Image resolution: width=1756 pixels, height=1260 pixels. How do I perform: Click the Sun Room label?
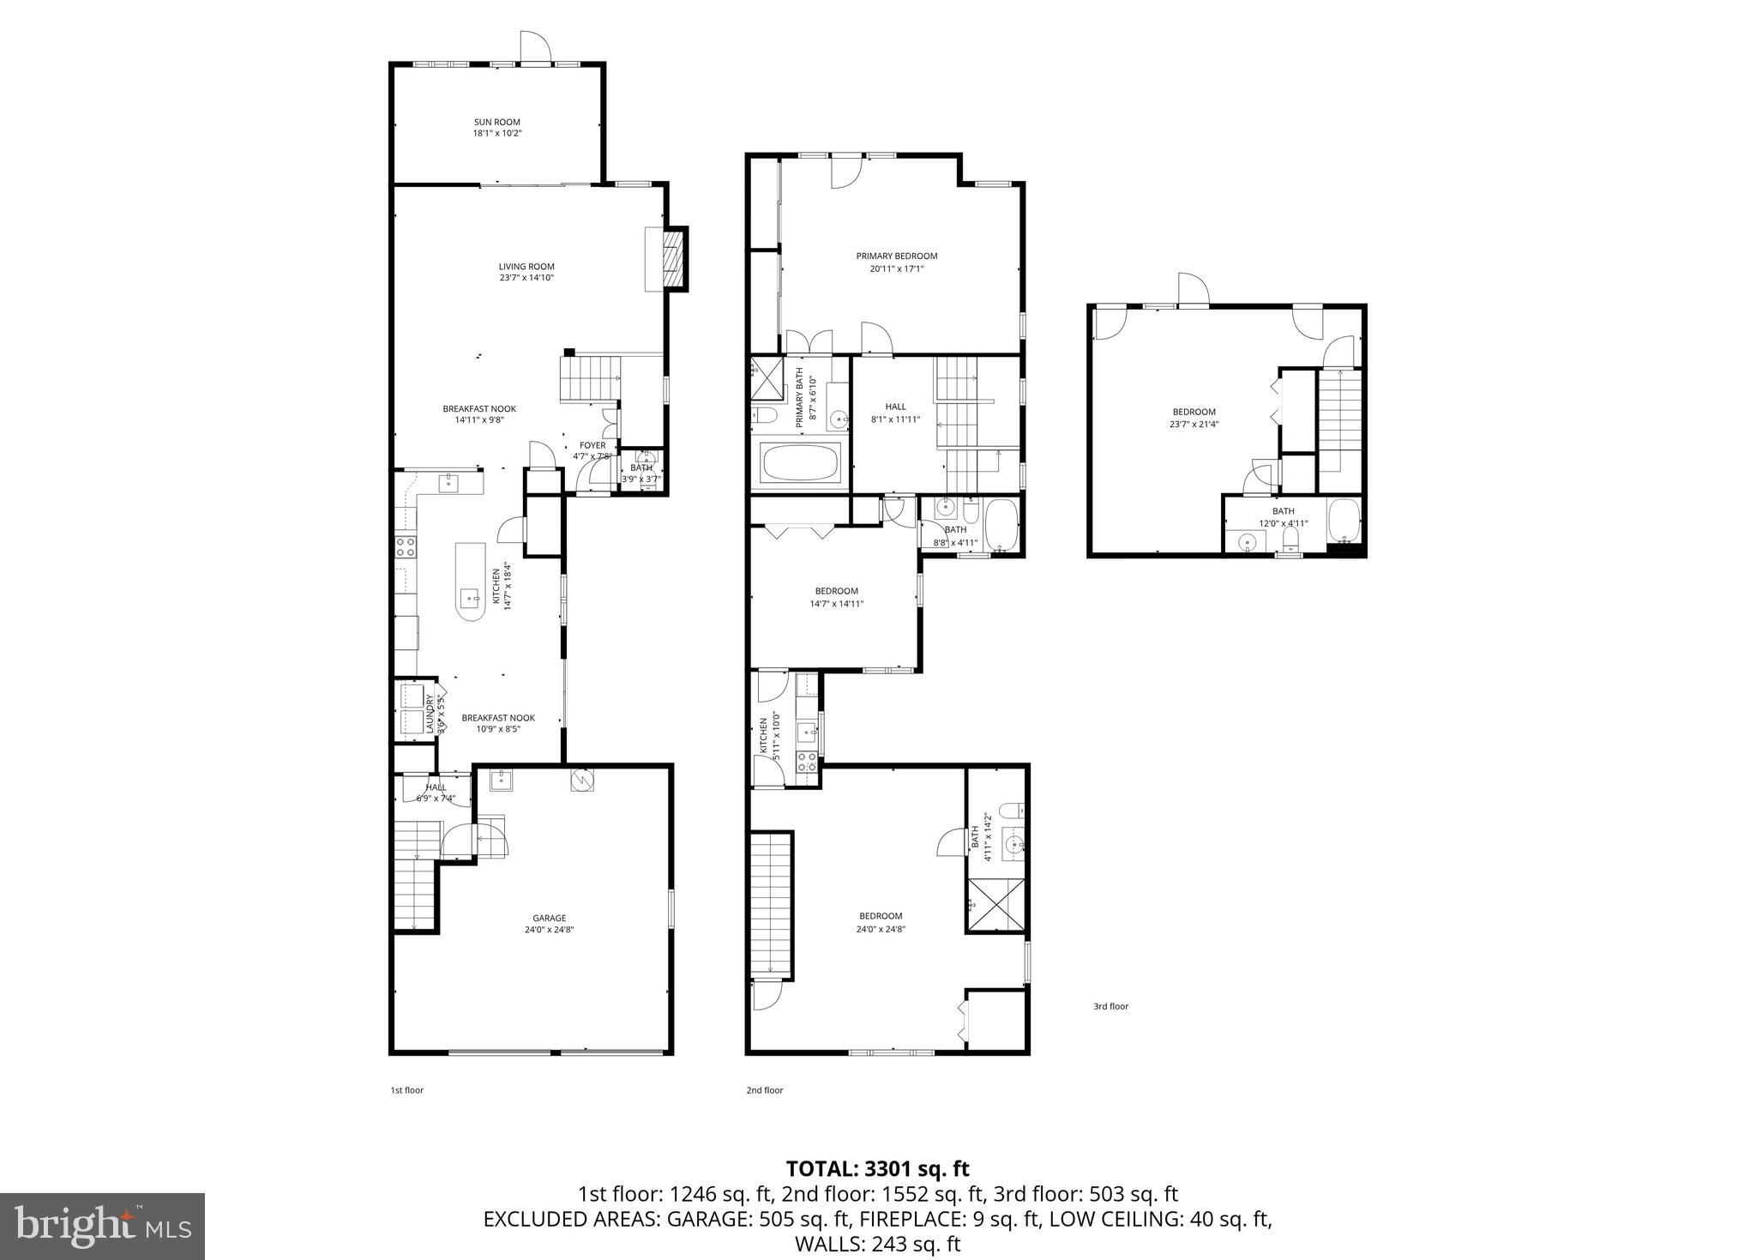497,122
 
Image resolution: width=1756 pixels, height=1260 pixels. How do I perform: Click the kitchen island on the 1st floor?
470,582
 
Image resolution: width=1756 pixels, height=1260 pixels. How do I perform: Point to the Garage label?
549,918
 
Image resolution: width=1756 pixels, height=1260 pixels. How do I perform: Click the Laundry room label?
430,714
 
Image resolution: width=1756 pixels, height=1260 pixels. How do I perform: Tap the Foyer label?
592,445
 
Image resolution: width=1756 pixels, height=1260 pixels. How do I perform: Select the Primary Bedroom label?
896,256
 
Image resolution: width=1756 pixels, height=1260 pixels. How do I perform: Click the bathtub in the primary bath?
801,464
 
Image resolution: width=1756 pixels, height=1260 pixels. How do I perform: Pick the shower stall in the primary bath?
767,379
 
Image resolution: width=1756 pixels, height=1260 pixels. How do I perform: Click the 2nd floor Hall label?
895,407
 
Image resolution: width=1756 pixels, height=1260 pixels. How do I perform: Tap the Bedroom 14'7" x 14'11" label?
836,591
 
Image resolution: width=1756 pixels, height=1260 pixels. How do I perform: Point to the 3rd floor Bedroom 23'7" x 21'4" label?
1193,412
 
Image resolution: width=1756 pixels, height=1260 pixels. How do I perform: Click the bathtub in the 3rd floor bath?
1343,521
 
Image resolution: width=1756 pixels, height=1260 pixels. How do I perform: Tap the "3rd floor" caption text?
1110,1006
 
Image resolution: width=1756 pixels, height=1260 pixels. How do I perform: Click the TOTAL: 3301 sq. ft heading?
877,1168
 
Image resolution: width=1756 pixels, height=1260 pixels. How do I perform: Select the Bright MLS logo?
102,1227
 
